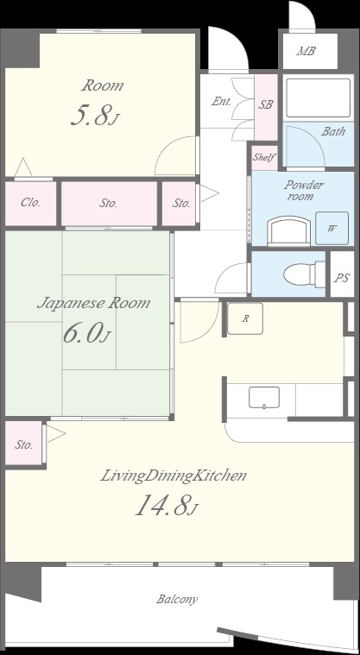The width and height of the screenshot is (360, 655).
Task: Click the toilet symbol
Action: point(304,274)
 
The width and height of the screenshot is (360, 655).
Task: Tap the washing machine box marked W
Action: point(332,228)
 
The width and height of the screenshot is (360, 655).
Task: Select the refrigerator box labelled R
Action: point(245,318)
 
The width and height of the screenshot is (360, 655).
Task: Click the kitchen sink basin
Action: point(264,397)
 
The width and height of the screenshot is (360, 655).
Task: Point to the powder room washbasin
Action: point(289,231)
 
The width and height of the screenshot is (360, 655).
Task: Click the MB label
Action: point(306,52)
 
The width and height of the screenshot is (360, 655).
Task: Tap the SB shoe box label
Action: point(266,104)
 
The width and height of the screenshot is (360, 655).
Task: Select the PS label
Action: point(342,278)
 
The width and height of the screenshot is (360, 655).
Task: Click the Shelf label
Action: point(264,157)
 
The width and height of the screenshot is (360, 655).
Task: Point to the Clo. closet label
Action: point(30,203)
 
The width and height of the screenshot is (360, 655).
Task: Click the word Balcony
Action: point(177,600)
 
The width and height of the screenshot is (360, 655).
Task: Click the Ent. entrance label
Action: point(222,101)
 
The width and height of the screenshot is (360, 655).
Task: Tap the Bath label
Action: point(333,131)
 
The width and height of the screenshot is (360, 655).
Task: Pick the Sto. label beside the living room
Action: point(24,445)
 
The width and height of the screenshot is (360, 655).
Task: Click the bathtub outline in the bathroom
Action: point(318,98)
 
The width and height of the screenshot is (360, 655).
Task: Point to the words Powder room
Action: point(305,190)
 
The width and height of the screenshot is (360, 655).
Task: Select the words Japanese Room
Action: point(93,303)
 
